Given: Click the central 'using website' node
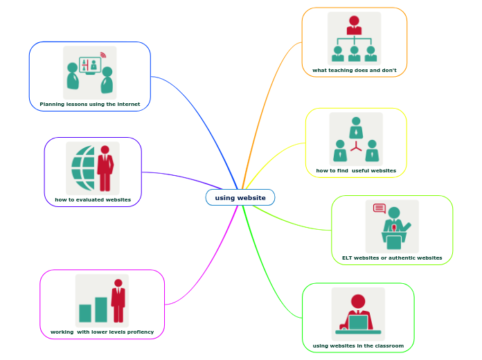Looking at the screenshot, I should click(x=240, y=197).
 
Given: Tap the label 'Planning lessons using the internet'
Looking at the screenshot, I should click(x=90, y=105).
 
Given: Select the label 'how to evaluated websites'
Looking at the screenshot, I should click(x=93, y=199).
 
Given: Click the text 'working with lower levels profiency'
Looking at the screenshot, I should click(x=102, y=332).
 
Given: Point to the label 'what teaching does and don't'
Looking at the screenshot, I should click(x=355, y=70).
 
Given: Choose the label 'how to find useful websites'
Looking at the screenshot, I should click(x=356, y=170).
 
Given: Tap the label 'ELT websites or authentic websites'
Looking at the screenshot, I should click(x=392, y=258).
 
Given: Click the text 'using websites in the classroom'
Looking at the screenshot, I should click(x=358, y=345).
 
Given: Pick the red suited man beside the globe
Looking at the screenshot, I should click(x=105, y=168).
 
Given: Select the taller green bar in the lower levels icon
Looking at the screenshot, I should click(x=101, y=309).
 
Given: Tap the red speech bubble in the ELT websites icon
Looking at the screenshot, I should click(x=379, y=208).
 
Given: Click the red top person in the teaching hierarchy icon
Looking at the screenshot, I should click(x=354, y=25).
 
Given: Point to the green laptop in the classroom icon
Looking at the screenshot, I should click(x=358, y=322).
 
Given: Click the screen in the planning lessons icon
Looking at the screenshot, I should click(x=90, y=66).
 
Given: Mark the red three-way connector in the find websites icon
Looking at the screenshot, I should click(x=356, y=146).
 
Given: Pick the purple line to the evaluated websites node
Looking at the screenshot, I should click(x=187, y=178).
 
